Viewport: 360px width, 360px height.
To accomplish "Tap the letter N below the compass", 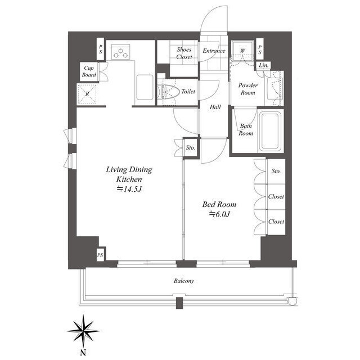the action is (x=83, y=352).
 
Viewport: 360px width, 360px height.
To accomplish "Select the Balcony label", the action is (x=184, y=281).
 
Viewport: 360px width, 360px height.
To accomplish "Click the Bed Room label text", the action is (x=219, y=204).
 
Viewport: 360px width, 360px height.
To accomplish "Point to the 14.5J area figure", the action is (x=130, y=189).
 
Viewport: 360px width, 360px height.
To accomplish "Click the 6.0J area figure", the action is (x=219, y=214).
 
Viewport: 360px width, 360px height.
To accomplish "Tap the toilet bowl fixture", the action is (x=168, y=91).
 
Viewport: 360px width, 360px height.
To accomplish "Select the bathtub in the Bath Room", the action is (x=270, y=131).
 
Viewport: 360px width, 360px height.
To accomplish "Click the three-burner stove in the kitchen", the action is (x=121, y=52).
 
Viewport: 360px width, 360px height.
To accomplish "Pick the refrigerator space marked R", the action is (x=87, y=94).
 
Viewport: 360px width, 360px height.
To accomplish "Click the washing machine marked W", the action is (x=242, y=51).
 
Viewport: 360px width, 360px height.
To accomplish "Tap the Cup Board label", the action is (x=89, y=71).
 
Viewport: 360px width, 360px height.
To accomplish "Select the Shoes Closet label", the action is (x=184, y=53).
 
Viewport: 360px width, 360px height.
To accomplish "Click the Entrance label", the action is (x=214, y=51).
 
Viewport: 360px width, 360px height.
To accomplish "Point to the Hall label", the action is (x=215, y=107).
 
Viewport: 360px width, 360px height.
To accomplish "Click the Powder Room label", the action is (x=248, y=89).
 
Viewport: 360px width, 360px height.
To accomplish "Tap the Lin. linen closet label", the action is (x=264, y=65).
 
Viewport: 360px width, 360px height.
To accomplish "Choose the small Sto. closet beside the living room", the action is (x=191, y=147).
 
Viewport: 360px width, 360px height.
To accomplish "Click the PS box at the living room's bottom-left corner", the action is (x=100, y=255).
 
